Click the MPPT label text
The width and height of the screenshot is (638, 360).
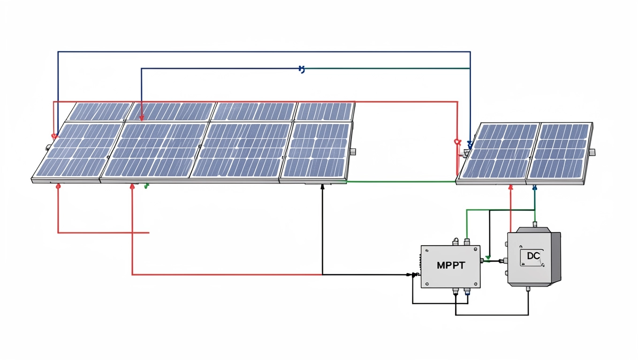(x=451, y=265)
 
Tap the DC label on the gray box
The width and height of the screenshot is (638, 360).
(x=534, y=256)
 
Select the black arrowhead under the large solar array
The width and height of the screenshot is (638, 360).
(x=322, y=187)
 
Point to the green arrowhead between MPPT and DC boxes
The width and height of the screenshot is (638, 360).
(x=487, y=258)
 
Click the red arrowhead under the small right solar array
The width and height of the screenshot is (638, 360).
(x=510, y=187)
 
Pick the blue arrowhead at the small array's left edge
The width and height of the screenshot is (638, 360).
(x=470, y=146)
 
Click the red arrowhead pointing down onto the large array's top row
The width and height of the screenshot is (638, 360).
(x=142, y=118)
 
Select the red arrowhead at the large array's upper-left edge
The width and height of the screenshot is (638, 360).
(x=54, y=137)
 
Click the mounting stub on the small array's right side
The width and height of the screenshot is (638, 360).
(x=592, y=152)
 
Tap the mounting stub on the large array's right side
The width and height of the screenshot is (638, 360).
(x=353, y=151)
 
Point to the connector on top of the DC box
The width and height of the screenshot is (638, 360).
(x=535, y=224)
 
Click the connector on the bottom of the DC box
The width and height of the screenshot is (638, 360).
(x=528, y=290)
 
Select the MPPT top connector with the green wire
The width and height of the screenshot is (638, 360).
(x=466, y=242)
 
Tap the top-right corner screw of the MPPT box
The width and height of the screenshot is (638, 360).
(x=476, y=250)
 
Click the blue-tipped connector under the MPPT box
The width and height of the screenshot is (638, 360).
(x=467, y=292)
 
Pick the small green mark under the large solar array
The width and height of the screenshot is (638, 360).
(x=146, y=186)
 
